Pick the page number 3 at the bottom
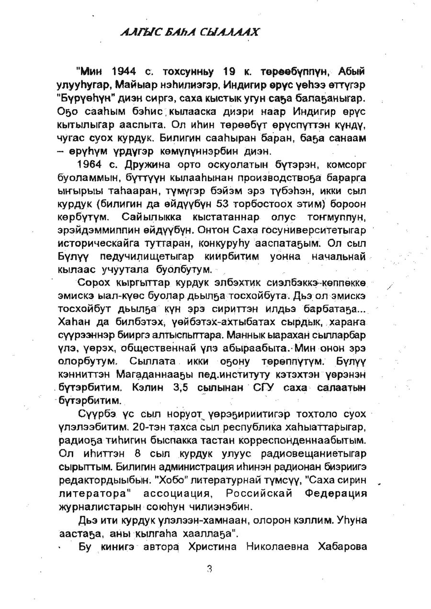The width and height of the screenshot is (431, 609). pos(209,569)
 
